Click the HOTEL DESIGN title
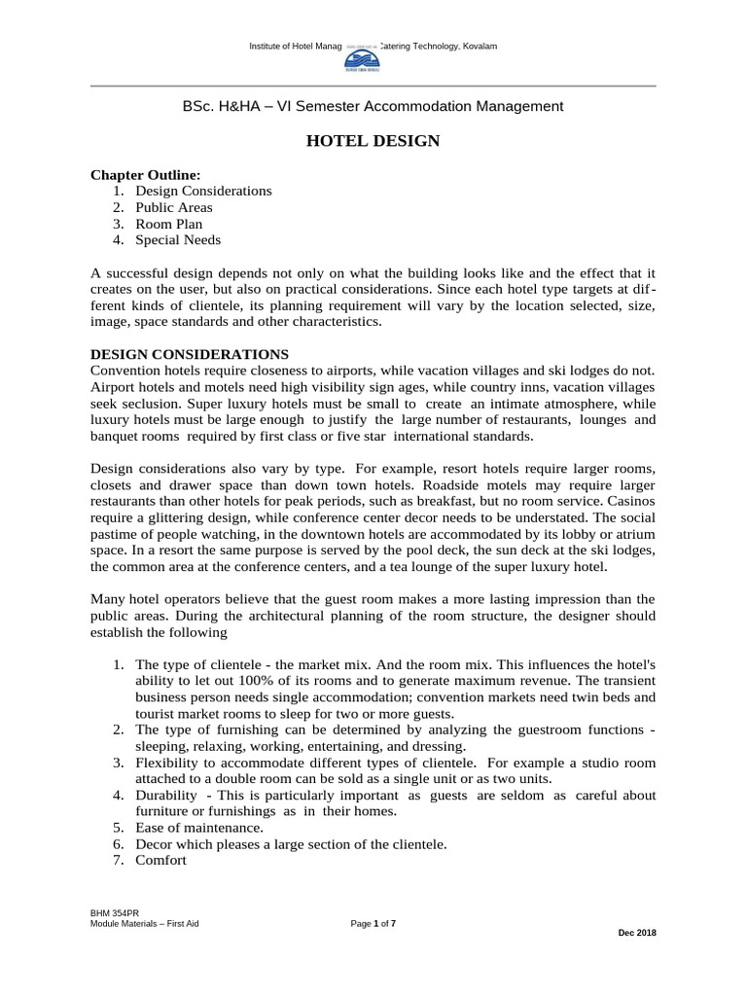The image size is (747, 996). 373,142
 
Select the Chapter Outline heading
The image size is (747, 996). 145,175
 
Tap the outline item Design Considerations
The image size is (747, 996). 203,191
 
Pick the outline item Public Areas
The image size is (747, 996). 173,207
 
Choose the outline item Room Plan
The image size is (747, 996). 168,224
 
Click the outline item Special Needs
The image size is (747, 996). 177,240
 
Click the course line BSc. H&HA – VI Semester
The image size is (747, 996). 373,106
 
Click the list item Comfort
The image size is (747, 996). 160,861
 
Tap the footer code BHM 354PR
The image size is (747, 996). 108,912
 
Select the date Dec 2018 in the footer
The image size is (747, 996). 637,933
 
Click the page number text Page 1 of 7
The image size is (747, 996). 373,923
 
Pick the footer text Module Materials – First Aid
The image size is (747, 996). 144,923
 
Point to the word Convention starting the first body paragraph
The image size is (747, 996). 123,371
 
